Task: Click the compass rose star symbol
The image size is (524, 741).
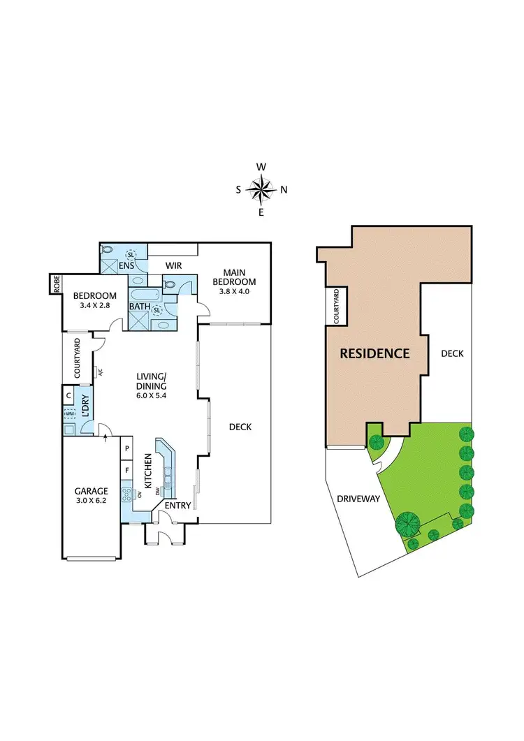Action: coord(261,189)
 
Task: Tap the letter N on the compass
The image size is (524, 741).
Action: coord(284,189)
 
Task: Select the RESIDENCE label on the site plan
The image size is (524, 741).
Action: coord(374,353)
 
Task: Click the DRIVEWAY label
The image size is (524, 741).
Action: coord(358,499)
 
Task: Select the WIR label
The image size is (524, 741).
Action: coord(173,266)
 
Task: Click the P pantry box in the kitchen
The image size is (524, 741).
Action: coord(127,449)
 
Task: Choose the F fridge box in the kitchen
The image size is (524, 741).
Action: coord(127,471)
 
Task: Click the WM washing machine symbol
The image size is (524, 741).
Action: coord(69,415)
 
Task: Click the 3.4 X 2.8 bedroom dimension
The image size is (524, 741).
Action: coord(94,305)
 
